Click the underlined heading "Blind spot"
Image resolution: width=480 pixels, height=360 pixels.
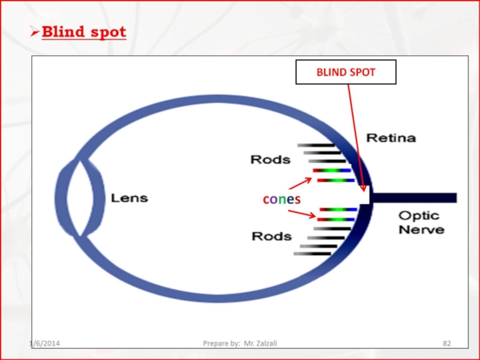(x=84, y=32)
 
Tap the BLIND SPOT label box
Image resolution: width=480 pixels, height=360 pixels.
(x=346, y=72)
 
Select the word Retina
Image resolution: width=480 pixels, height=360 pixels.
(x=391, y=138)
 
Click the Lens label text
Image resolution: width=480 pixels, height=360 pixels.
(x=128, y=197)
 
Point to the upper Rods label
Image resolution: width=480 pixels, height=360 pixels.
(x=270, y=160)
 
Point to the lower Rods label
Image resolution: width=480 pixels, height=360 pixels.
(x=271, y=236)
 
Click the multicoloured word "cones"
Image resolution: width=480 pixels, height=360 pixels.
(x=281, y=199)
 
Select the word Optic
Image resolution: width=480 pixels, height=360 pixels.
(x=419, y=215)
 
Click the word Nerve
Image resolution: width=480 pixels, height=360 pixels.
(x=422, y=229)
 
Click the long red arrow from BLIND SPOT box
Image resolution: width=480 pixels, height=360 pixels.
(x=356, y=138)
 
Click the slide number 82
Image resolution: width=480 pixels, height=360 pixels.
(x=446, y=343)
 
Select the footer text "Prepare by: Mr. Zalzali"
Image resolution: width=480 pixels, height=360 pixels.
(x=240, y=343)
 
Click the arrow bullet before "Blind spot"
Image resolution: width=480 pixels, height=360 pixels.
(x=35, y=32)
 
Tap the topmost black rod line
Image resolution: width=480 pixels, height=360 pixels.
(x=316, y=145)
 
